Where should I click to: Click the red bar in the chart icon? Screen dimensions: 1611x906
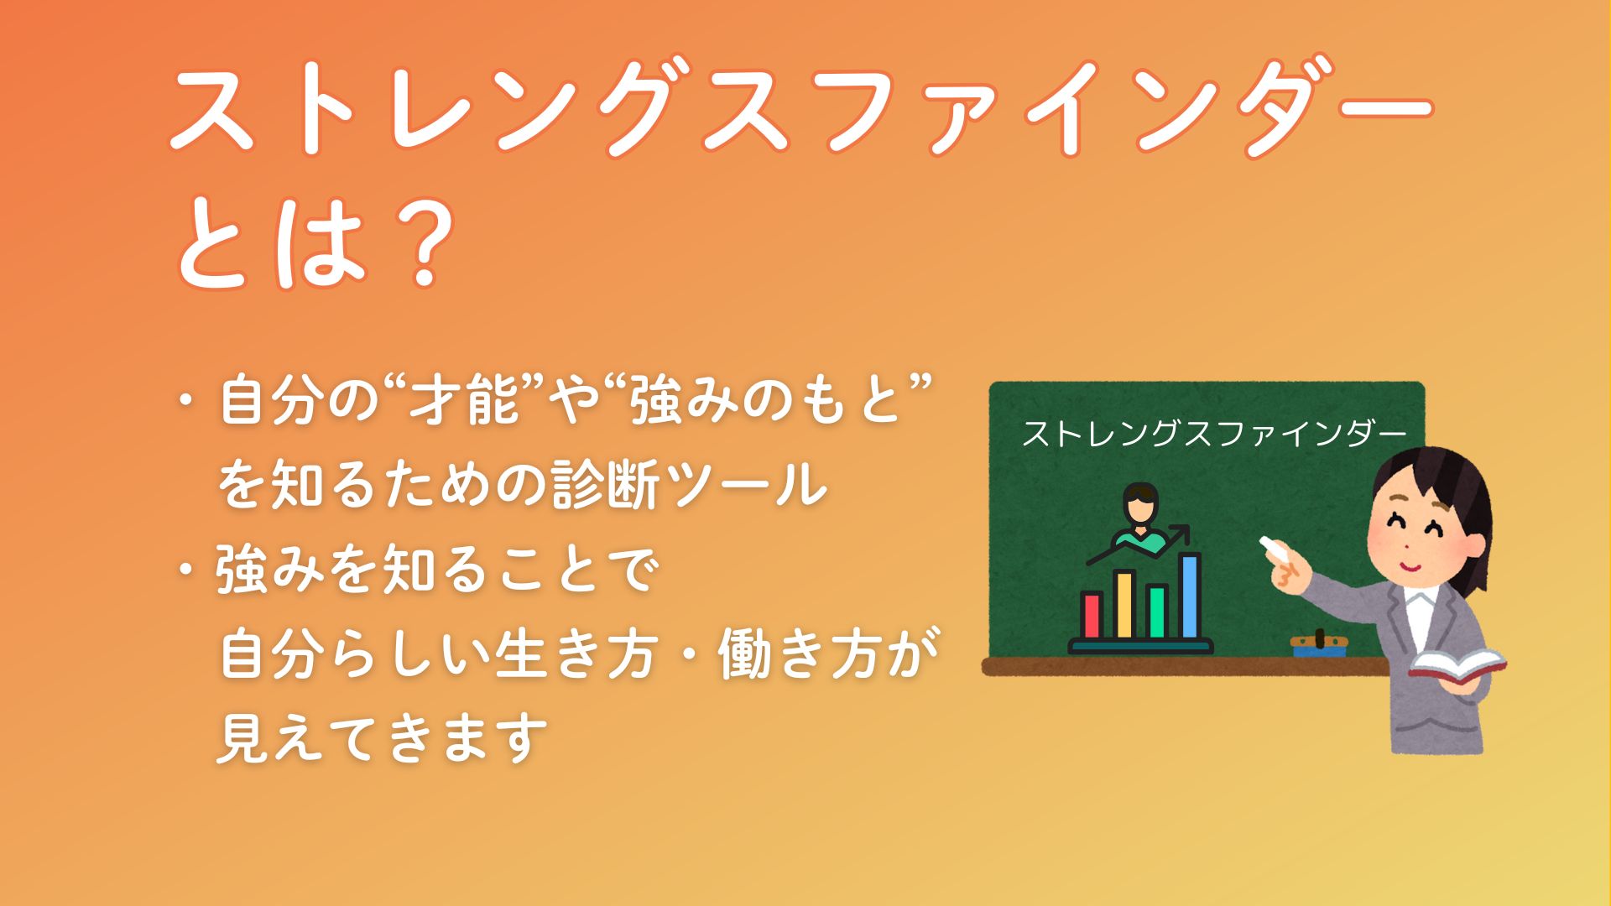[x=1092, y=615]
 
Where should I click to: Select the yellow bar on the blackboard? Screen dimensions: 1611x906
[x=1124, y=604]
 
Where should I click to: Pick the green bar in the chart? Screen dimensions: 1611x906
[x=1157, y=611]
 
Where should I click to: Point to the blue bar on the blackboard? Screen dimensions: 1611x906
[x=1190, y=596]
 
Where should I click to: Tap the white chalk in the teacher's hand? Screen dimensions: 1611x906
[x=1277, y=550]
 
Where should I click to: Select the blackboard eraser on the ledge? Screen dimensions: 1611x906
[x=1320, y=643]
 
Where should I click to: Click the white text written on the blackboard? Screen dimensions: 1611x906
[x=1213, y=434]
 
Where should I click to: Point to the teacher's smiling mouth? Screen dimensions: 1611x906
[x=1411, y=564]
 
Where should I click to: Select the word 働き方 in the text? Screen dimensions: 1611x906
[x=827, y=653]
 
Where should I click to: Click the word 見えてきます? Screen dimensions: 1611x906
[x=382, y=737]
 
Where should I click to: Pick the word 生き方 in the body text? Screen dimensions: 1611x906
[x=575, y=653]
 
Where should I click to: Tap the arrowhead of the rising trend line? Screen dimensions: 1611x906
[x=1182, y=531]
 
